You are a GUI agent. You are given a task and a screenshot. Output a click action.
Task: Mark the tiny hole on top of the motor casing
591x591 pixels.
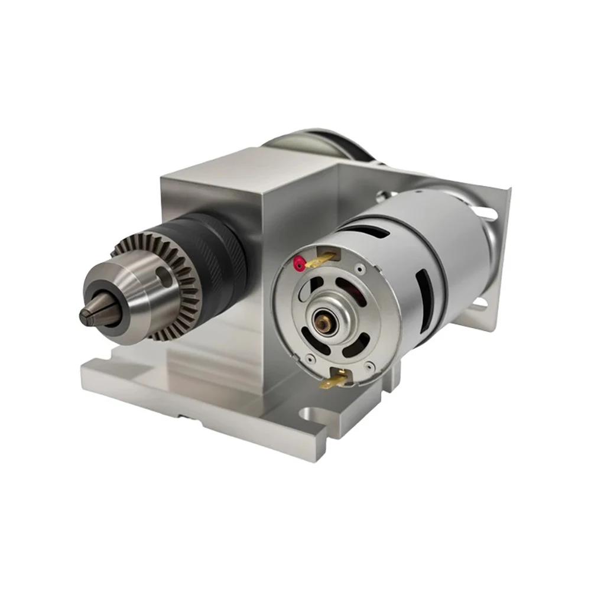[417, 191]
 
